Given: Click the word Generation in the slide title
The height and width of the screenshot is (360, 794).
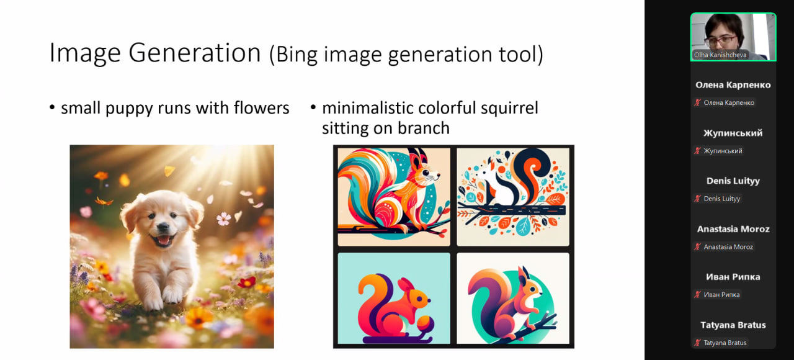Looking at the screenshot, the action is point(195,53).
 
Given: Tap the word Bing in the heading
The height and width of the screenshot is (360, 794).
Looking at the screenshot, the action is point(297,55).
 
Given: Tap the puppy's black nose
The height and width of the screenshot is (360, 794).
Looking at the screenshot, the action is point(163,227).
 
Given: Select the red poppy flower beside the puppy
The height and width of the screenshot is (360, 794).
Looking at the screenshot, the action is point(247,282).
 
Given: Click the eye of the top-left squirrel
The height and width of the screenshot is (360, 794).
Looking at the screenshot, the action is point(425,173).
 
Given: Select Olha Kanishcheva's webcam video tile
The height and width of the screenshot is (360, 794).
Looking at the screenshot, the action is point(733,37).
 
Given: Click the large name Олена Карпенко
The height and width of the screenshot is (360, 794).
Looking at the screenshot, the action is point(733,85).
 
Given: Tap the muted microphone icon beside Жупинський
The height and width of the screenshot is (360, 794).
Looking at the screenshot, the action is point(697,151).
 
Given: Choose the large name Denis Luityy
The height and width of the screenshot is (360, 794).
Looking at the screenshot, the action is point(733,181).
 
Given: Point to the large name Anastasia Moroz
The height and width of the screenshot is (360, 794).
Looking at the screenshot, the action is point(733,229).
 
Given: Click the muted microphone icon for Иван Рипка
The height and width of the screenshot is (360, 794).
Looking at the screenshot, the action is point(697,294).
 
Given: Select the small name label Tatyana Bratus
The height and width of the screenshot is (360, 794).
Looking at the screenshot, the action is point(725,343).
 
